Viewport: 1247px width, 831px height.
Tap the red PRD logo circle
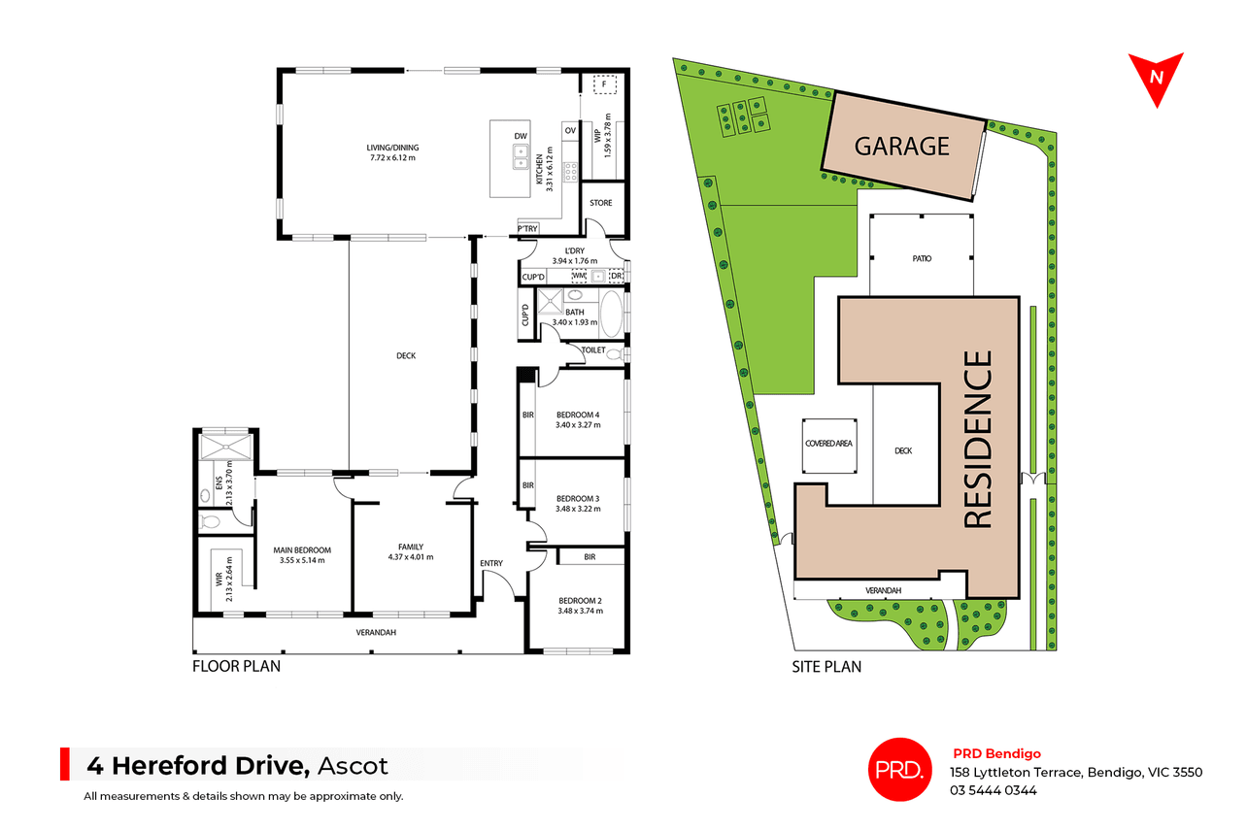click(900, 770)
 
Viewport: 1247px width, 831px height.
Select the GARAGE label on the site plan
click(902, 147)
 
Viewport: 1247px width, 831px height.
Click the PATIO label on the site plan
click(922, 259)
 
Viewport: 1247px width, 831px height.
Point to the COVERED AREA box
click(829, 446)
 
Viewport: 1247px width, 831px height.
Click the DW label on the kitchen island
click(521, 136)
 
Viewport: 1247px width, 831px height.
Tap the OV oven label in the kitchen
click(570, 131)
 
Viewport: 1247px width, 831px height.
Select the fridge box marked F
click(605, 84)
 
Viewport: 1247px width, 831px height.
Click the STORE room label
click(600, 203)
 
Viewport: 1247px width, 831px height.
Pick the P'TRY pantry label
click(527, 229)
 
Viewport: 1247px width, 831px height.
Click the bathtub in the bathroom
click(611, 314)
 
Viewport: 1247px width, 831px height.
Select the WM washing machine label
click(579, 276)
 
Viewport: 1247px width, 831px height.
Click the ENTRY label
click(491, 564)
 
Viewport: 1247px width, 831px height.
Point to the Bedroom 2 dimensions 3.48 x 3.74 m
click(580, 612)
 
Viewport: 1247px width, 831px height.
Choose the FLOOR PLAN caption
click(237, 666)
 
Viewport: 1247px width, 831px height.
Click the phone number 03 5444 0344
click(994, 790)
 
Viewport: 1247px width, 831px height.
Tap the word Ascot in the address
click(353, 766)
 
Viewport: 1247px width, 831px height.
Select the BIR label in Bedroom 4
click(528, 415)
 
